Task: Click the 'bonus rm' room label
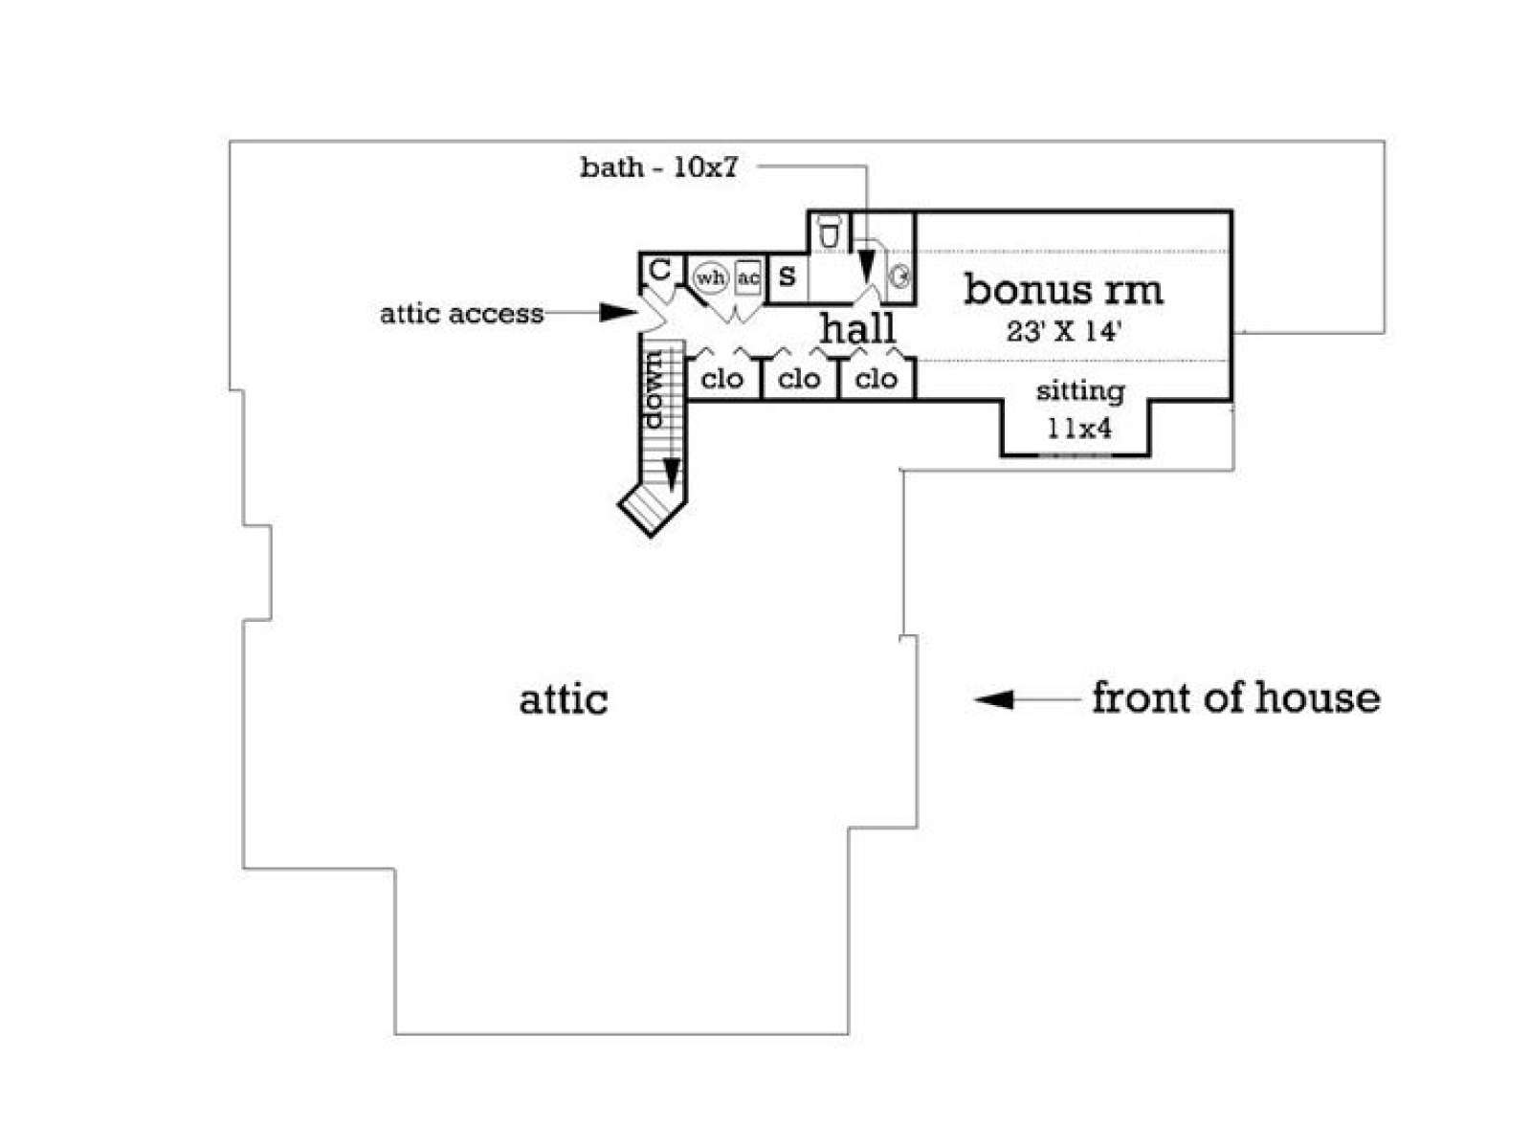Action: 1062,289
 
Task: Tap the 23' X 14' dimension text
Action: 1062,331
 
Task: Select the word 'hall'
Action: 857,327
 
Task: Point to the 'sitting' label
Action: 1079,391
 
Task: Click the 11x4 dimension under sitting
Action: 1079,429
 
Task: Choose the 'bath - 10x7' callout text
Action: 658,167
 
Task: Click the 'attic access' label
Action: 461,314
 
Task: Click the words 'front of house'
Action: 1235,697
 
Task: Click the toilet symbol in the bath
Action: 829,231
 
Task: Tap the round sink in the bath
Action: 900,277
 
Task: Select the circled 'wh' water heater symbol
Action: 711,278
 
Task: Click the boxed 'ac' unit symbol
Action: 748,278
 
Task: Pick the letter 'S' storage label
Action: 787,276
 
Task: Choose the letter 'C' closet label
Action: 659,270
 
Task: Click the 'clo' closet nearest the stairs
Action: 721,380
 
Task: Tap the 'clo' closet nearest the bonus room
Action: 876,380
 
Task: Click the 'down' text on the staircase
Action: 655,389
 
